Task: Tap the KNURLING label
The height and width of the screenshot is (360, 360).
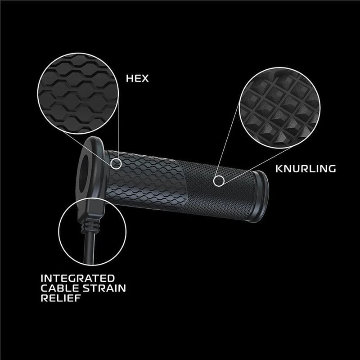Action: [305, 169]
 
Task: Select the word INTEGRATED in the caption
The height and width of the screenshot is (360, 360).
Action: [78, 278]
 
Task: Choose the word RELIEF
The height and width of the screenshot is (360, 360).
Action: [59, 298]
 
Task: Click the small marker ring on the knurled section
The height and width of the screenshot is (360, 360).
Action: [219, 181]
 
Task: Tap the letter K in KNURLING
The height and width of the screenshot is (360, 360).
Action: [278, 169]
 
